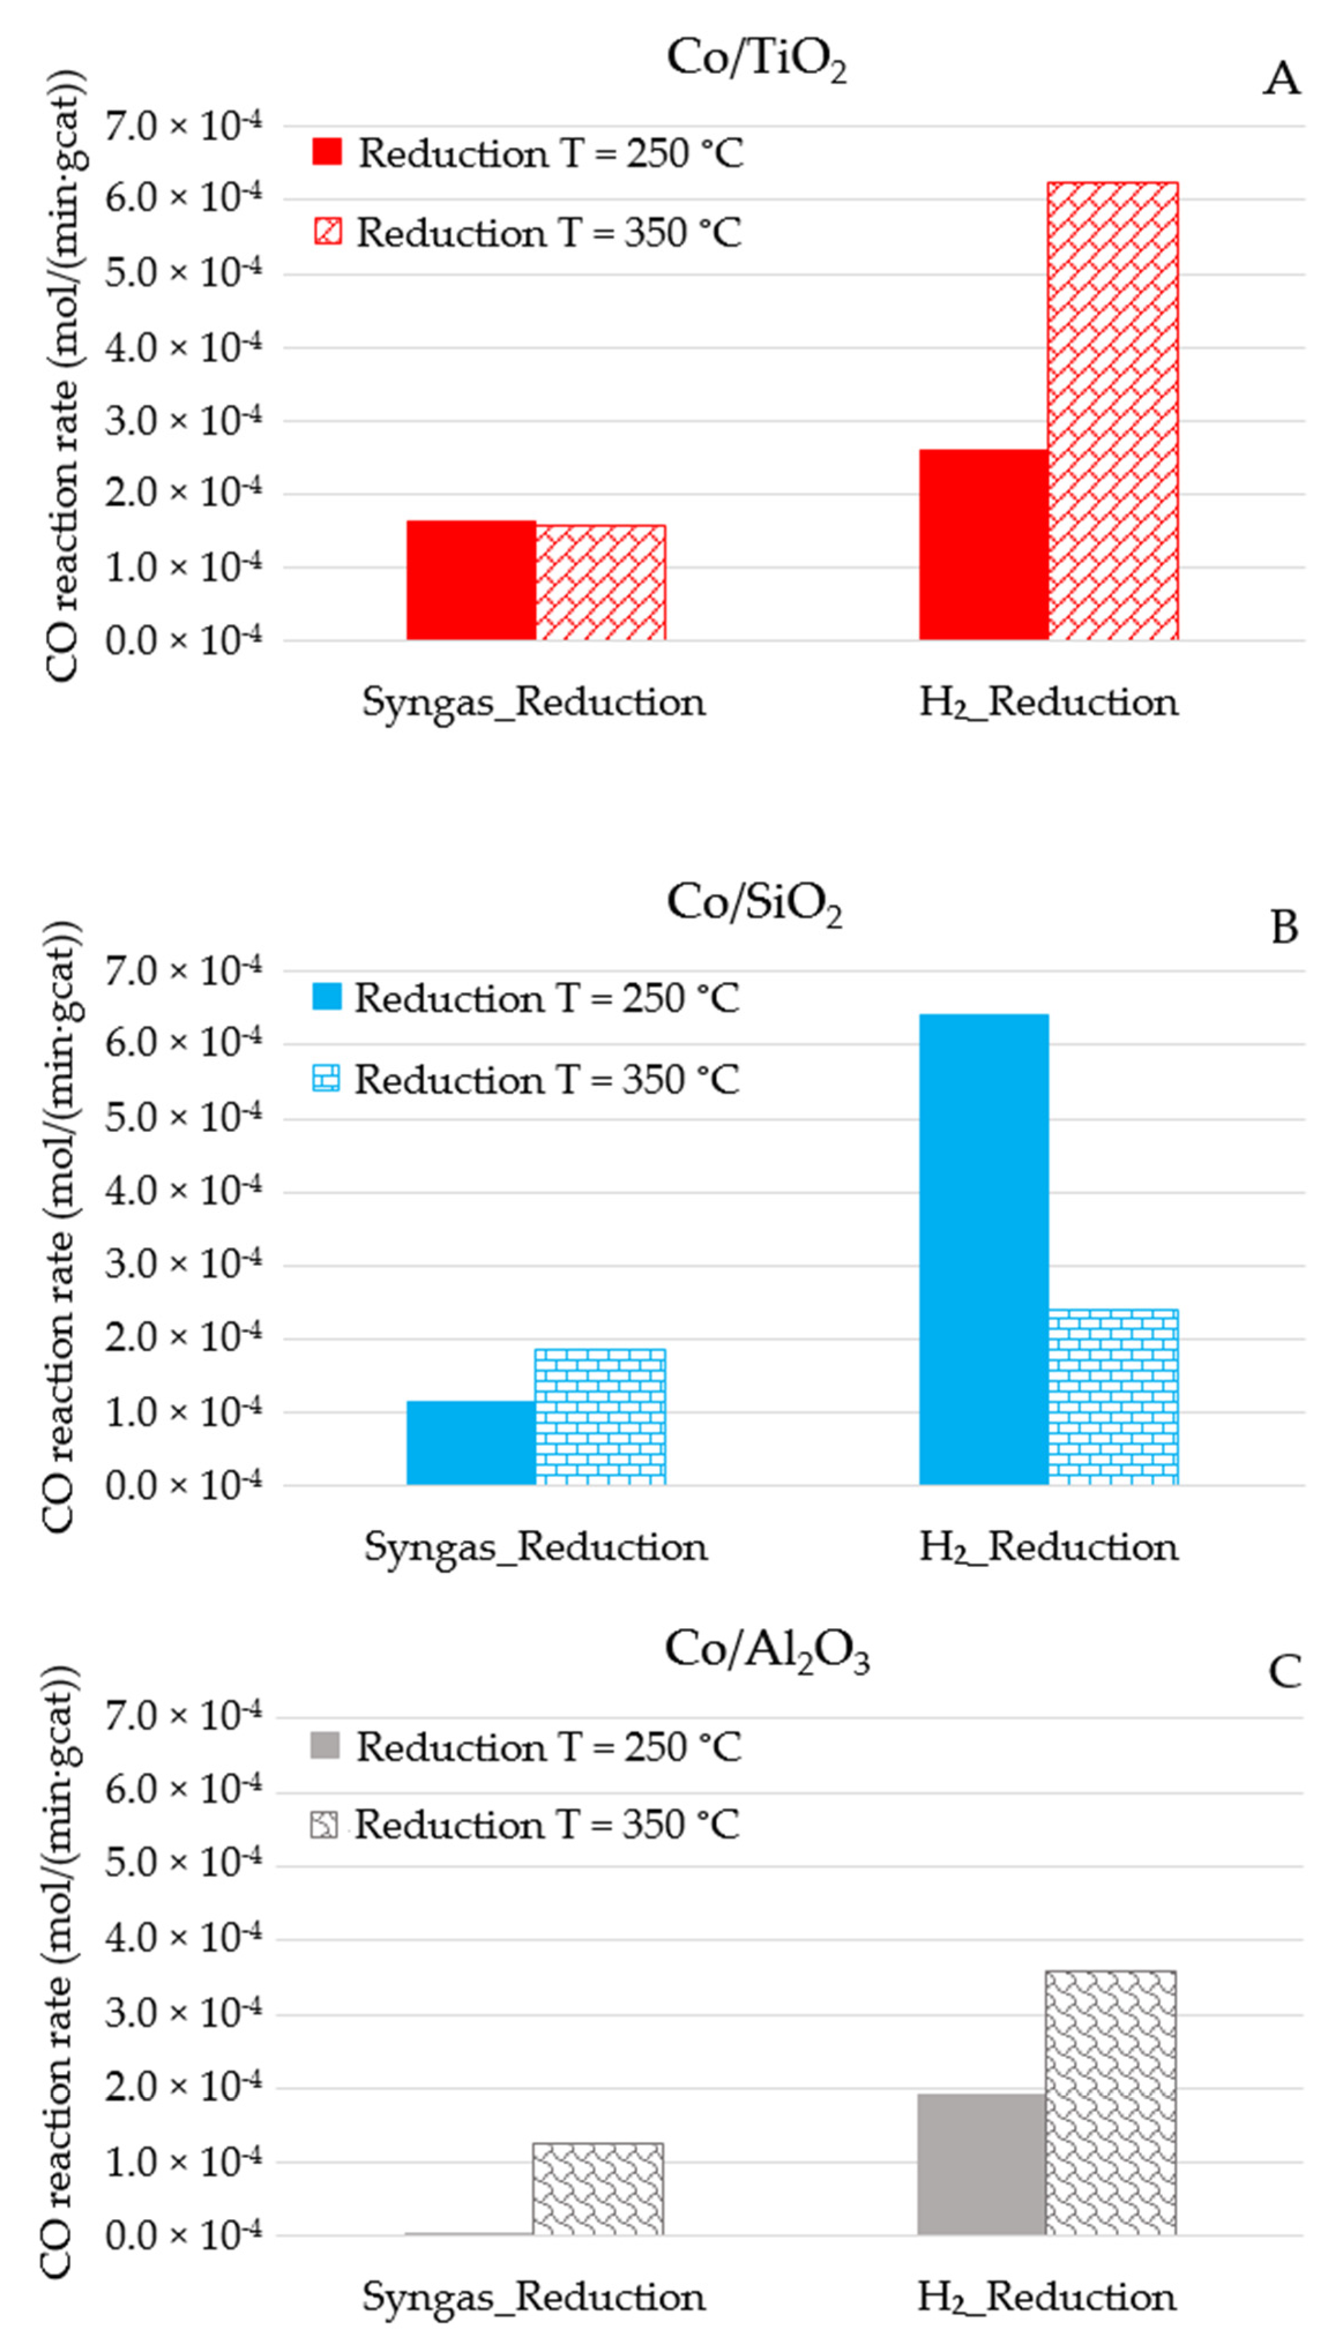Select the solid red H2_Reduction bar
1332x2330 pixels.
point(983,544)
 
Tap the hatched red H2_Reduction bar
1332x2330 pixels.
point(1113,411)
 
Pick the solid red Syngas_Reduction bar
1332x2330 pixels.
point(471,580)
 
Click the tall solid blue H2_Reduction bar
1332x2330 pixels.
point(983,1249)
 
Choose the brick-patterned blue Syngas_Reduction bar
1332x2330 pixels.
point(600,1416)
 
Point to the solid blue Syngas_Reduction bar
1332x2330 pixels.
point(471,1443)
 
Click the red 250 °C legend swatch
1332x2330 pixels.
point(327,152)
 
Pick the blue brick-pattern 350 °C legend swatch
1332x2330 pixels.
point(327,1079)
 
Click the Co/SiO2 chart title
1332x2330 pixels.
point(754,904)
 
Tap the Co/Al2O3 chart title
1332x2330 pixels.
point(766,1651)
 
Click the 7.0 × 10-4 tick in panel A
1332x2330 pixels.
point(183,126)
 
